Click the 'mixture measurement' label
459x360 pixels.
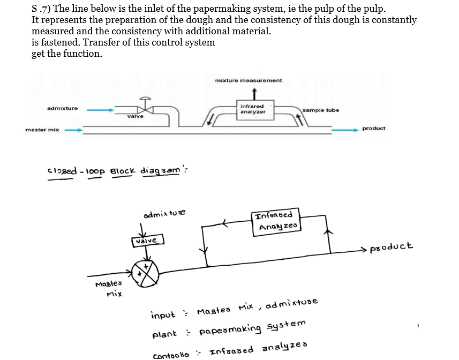point(248,80)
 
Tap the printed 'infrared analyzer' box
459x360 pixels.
point(252,109)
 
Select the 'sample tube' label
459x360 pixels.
point(320,110)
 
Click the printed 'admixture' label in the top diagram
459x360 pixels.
point(62,108)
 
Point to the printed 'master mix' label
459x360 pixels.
point(42,130)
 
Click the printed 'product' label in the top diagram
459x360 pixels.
point(374,129)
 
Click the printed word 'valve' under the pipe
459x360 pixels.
point(135,116)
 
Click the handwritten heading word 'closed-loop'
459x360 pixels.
point(77,172)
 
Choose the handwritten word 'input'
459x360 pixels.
point(163,314)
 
